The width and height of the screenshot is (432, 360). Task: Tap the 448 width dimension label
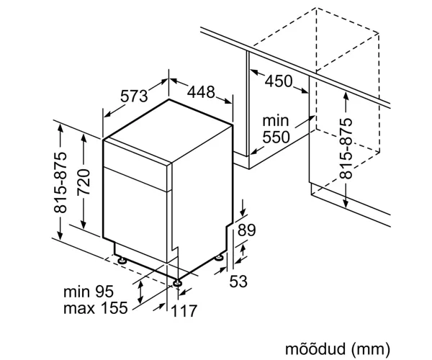201,92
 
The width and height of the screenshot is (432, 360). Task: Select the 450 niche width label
278,81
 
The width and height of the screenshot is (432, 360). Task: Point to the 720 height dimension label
84,182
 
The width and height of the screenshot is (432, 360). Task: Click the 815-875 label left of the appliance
60,182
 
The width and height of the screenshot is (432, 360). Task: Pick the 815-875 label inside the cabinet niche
346,148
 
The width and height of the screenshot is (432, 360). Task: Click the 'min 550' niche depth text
276,129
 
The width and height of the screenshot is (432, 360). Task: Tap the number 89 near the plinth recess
246,230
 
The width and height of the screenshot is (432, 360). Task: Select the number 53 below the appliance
238,282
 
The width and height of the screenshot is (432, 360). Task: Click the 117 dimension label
184,310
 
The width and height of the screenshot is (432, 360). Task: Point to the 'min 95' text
89,292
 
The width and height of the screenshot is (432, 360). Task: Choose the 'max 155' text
96,307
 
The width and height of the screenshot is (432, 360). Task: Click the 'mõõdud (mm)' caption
338,348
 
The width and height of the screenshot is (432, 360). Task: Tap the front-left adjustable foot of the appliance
122,260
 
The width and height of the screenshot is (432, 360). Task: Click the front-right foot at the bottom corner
177,283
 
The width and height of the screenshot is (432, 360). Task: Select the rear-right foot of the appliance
220,258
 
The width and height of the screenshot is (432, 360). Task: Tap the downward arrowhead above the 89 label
243,212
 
